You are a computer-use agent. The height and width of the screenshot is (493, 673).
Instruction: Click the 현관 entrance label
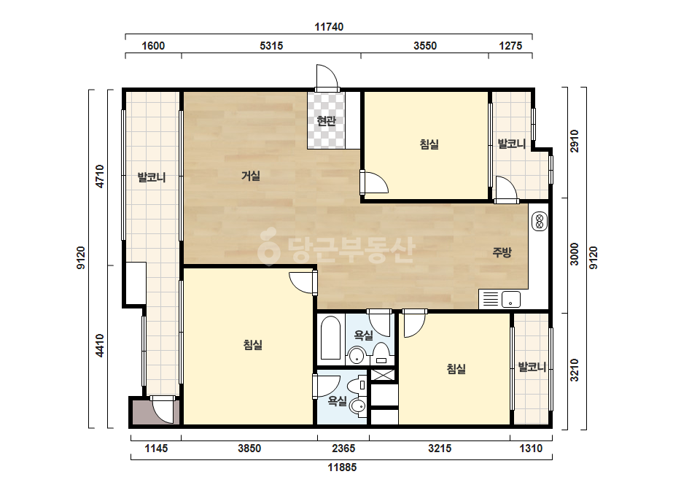click(x=326, y=121)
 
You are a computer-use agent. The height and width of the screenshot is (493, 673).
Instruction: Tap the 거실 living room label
click(x=251, y=176)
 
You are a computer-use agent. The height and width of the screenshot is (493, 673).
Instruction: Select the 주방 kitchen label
click(x=502, y=252)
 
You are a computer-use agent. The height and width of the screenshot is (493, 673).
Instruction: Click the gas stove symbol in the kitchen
click(x=540, y=221)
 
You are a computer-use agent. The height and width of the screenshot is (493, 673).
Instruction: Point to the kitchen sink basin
click(x=510, y=299)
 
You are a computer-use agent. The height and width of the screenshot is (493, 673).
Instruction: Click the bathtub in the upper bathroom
click(x=330, y=338)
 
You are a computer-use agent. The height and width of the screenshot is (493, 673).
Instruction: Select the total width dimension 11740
click(x=329, y=27)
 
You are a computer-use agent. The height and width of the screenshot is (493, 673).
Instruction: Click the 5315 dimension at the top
click(x=271, y=45)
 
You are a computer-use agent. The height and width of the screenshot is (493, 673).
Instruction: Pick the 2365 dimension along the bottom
click(x=343, y=449)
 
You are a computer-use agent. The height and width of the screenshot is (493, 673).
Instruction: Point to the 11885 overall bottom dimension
click(x=342, y=467)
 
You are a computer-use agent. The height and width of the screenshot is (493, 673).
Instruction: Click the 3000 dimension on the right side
click(x=575, y=255)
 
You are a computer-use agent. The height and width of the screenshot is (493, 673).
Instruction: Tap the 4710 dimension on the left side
click(x=100, y=176)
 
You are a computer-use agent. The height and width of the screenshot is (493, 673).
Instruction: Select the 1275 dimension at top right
click(x=510, y=45)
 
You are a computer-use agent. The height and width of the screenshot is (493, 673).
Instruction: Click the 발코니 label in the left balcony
click(x=152, y=177)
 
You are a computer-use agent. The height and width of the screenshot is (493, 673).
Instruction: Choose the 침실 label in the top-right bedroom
click(x=429, y=144)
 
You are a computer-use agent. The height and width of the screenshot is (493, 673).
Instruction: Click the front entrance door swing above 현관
click(x=327, y=77)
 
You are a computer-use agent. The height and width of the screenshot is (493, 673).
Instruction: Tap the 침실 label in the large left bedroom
click(x=253, y=345)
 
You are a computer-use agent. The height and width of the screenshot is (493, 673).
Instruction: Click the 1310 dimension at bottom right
click(x=531, y=449)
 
